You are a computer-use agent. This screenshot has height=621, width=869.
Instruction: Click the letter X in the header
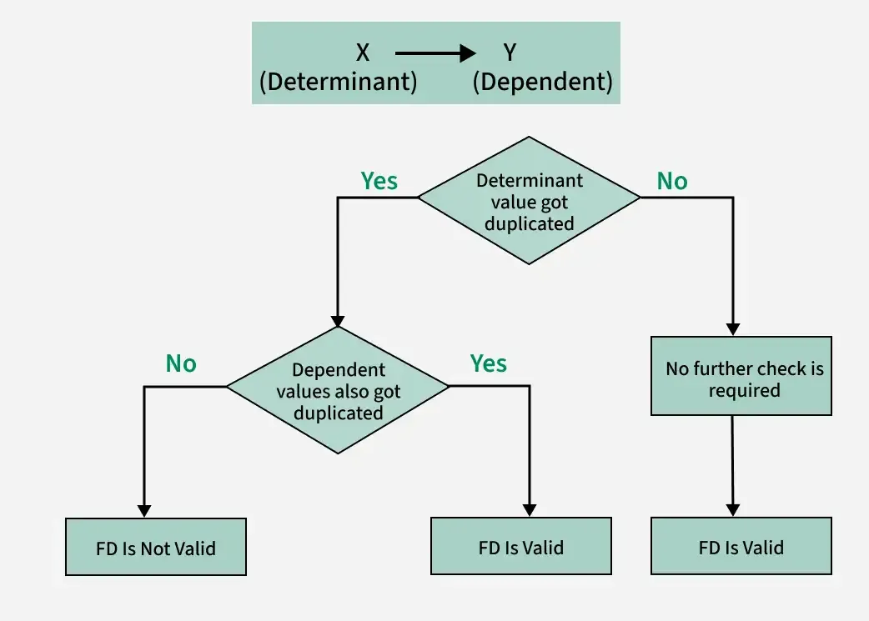click(363, 53)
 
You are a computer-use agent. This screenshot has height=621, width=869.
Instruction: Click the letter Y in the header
click(510, 53)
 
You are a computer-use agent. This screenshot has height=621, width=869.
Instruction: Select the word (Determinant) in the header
click(338, 83)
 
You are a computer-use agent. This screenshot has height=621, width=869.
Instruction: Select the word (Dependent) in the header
click(542, 83)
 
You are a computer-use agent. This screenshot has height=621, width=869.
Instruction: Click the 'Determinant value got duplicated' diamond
click(529, 201)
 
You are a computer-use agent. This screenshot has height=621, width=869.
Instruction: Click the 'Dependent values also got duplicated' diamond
click(338, 390)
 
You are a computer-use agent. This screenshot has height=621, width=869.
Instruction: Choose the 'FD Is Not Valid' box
click(156, 547)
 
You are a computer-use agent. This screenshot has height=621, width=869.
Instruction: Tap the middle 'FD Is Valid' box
click(520, 547)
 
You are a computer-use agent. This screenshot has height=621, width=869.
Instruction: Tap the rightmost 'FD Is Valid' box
click(741, 547)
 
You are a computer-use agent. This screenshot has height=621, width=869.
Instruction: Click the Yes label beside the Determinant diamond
click(379, 181)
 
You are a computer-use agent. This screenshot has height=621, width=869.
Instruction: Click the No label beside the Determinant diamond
click(672, 181)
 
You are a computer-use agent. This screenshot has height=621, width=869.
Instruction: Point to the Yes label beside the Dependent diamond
click(488, 363)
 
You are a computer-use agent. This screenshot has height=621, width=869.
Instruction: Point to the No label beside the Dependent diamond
click(181, 363)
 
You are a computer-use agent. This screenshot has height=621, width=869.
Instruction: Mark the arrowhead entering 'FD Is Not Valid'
click(144, 510)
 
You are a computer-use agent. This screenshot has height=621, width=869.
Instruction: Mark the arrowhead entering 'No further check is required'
click(734, 328)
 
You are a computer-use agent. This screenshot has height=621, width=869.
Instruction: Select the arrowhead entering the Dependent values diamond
click(337, 319)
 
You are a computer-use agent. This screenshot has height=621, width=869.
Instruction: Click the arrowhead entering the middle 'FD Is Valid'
click(529, 509)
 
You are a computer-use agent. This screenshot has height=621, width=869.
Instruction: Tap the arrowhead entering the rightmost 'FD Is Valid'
click(734, 509)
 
